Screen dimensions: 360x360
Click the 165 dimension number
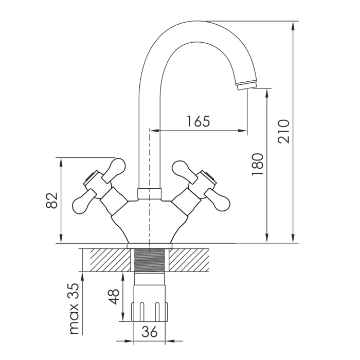tap(199, 121)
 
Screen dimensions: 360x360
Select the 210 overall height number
tap(284, 131)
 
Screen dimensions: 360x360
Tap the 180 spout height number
tap(257, 165)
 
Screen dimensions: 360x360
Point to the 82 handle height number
tap(51, 200)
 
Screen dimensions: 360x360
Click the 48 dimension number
tap(114, 296)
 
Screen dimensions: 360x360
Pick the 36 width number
tap(150, 332)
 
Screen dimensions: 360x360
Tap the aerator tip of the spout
tap(246, 84)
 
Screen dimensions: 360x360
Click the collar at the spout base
tap(150, 194)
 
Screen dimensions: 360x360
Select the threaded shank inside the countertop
tap(150, 260)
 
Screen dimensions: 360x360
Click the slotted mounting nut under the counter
tap(150, 312)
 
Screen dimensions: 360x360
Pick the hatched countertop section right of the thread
tap(189, 260)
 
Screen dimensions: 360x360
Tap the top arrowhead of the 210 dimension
tap(293, 26)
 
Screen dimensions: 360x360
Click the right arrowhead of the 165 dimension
tap(242, 131)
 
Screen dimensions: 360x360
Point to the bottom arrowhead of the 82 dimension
tap(61, 238)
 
